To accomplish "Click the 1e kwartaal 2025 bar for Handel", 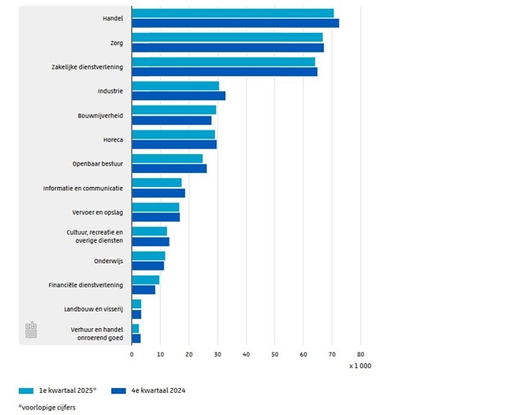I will pos(233,13).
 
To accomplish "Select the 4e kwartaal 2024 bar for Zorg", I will pos(228,48).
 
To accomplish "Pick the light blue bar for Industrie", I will pos(175,86).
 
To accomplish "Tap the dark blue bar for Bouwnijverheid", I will pos(171,121).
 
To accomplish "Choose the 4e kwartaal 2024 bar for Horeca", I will pos(174,144).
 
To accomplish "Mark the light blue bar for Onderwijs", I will pos(148,256).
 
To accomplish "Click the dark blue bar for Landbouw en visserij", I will pos(136,314).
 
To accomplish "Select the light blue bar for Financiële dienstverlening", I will pos(145,280).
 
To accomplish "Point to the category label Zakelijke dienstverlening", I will pos(87,66).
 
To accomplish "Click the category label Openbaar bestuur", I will pos(98,164).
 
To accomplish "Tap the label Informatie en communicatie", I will pos(83,188).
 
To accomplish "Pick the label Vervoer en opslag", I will pos(98,212).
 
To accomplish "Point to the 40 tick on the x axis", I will pos(246,354).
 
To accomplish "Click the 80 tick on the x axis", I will pos(361,354).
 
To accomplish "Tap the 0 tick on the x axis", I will pos(131,354).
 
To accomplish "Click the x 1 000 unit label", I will pos(360,366).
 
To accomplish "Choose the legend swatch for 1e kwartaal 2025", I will pos(26,390).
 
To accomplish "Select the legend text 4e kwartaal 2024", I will pos(158,390).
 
